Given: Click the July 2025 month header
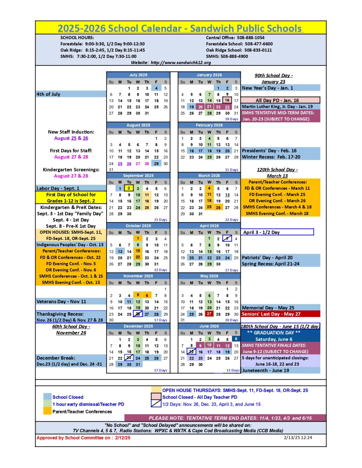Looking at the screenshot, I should pyautogui.click(x=138, y=75).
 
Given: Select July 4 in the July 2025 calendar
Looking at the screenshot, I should pyautogui.click(x=156, y=88).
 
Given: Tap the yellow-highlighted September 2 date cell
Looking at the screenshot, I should pyautogui.click(x=129, y=188).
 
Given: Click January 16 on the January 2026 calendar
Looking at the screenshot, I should pyautogui.click(x=227, y=100).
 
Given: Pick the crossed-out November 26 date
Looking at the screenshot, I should pyautogui.click(x=138, y=314).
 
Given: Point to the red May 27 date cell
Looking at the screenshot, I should pyautogui.click(x=209, y=314).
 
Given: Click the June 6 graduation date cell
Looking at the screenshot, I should pyautogui.click(x=236, y=339).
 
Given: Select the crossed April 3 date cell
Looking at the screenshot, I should pyautogui.click(x=227, y=239).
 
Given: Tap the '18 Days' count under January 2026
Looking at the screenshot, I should pyautogui.click(x=231, y=119).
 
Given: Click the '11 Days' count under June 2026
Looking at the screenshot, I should pyautogui.click(x=233, y=370).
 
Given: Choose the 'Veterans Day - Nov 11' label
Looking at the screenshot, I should pyautogui.click(x=61, y=302).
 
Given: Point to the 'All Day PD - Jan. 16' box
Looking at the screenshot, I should pyautogui.click(x=280, y=100).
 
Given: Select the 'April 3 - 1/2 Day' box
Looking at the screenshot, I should pyautogui.click(x=277, y=232).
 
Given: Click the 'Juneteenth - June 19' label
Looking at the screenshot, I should pyautogui.click(x=265, y=370).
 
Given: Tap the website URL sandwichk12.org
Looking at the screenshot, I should pyautogui.click(x=181, y=63).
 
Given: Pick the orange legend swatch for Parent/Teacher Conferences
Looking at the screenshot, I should pyautogui.click(x=47, y=412).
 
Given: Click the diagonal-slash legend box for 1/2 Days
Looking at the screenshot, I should pyautogui.click(x=156, y=404).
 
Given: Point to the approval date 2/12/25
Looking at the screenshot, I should pyautogui.click(x=123, y=438).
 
